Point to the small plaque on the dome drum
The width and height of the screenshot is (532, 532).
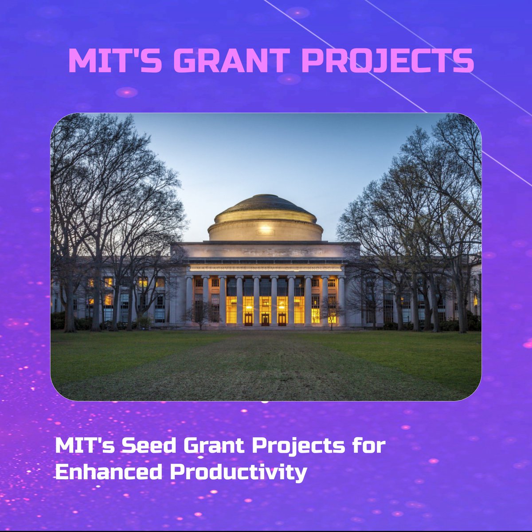pyautogui.click(x=265, y=231)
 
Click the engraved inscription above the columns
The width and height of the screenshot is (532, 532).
pyautogui.click(x=265, y=268)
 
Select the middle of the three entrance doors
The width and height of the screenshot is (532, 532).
pyautogui.click(x=265, y=318)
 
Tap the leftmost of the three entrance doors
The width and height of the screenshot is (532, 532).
pyautogui.click(x=248, y=318)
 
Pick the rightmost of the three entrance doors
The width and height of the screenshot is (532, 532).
pyautogui.click(x=282, y=318)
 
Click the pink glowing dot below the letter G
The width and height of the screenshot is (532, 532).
pyautogui.click(x=126, y=92)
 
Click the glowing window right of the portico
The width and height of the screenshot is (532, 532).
pyautogui.click(x=475, y=299)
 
